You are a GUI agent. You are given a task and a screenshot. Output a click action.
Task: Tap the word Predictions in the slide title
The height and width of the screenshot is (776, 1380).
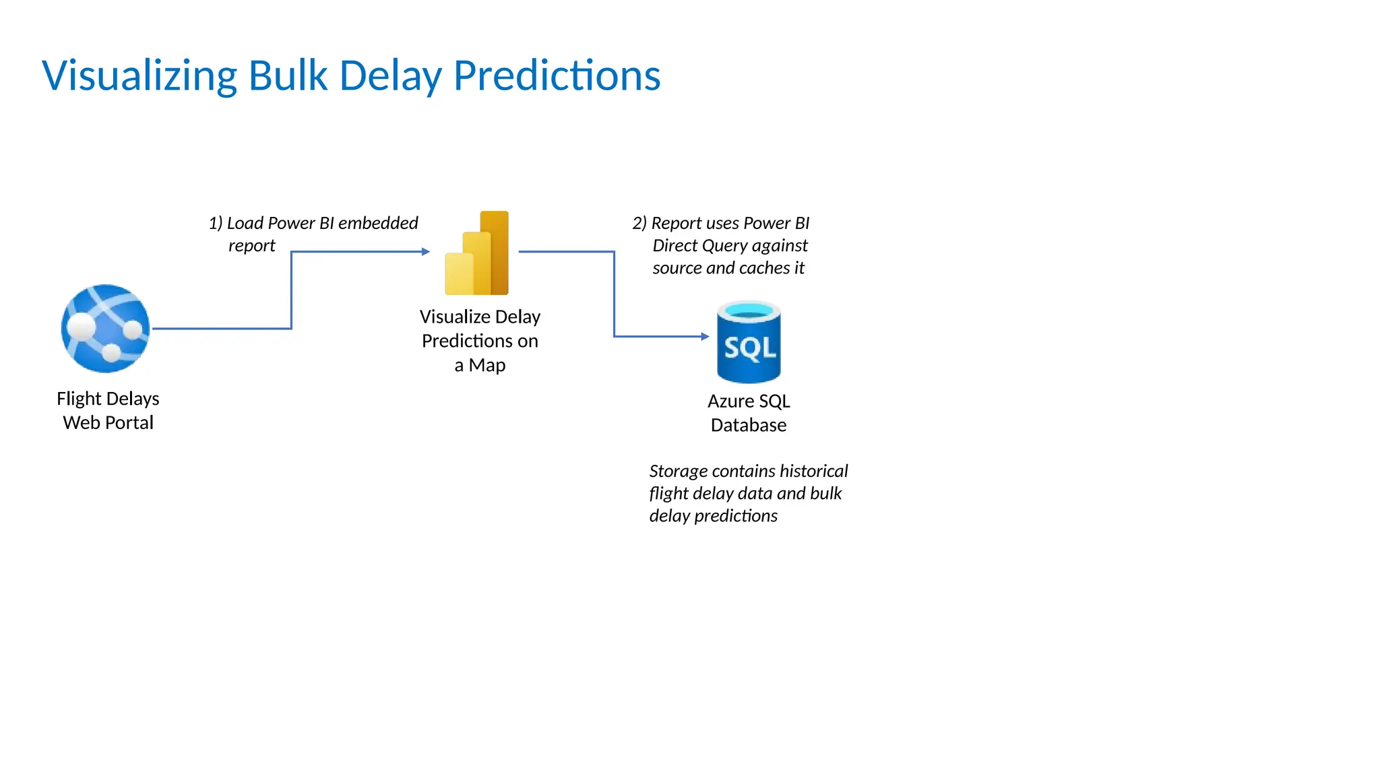(557, 75)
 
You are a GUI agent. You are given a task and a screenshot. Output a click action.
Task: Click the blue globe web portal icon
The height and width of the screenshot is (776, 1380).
(105, 328)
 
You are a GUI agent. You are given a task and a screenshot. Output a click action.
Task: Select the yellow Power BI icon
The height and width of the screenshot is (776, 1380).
(477, 254)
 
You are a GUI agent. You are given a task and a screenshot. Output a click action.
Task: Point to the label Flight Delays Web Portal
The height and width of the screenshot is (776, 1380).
(108, 410)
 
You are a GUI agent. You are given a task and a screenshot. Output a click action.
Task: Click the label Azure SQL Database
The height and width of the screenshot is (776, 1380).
(749, 413)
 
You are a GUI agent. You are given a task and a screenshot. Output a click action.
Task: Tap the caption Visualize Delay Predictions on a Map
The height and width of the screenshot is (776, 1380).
(480, 341)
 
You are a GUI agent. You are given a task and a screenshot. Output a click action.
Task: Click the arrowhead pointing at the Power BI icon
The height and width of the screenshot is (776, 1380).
(425, 252)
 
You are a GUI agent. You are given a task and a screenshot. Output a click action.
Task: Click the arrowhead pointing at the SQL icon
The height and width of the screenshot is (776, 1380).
(705, 336)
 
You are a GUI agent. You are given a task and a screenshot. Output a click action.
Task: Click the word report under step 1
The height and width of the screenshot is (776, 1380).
(251, 246)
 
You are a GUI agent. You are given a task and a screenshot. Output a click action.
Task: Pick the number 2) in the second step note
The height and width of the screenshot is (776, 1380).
(639, 223)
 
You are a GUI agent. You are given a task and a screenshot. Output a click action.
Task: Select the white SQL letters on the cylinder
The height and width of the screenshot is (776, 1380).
(750, 348)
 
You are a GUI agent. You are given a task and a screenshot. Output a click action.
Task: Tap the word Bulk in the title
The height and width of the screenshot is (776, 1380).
(288, 75)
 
